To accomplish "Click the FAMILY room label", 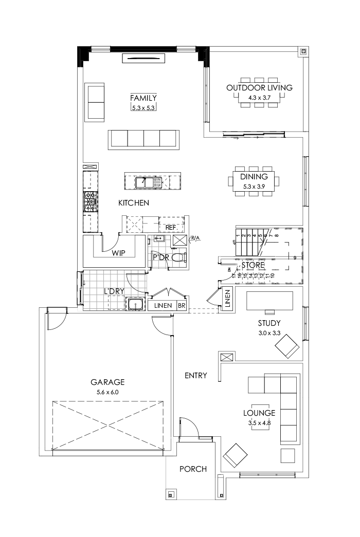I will [143, 98].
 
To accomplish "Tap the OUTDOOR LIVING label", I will [259, 87].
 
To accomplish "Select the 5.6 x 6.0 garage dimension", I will [107, 392].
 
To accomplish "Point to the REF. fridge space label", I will [171, 227].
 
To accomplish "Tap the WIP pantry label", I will [119, 253].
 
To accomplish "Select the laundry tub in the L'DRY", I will [135, 305].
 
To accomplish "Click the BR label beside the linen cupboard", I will [182, 305].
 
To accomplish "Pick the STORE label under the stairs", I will [253, 265].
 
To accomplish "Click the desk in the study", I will [269, 301].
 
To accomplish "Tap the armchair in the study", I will [287, 347].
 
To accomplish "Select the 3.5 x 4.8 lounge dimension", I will [259, 423].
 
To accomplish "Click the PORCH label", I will [193, 469].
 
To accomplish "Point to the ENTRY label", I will [195, 376].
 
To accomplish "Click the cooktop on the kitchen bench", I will [91, 203].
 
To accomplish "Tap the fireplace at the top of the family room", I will [143, 59].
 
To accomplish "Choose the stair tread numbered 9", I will [295, 257].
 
